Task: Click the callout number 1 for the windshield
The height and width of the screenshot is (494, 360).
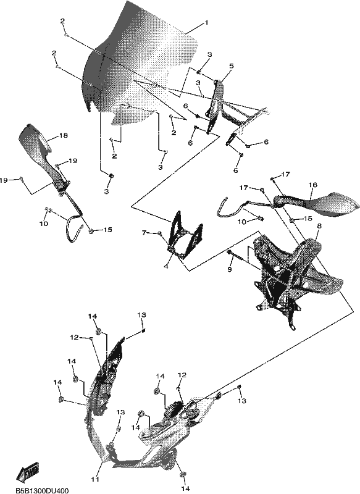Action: pos(206,23)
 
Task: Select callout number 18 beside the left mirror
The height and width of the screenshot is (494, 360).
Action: pos(63,136)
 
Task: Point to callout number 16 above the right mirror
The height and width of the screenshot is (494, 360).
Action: pos(314,185)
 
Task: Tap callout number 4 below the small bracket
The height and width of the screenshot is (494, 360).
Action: pos(166,267)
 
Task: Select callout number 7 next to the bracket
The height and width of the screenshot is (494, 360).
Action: pos(144,233)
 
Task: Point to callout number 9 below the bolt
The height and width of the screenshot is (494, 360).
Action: pos(230,269)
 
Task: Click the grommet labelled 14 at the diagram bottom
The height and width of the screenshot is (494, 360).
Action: pos(182,474)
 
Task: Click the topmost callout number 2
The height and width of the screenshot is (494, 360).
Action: pos(63,21)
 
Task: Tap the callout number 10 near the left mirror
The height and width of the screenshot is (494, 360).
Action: pos(44,224)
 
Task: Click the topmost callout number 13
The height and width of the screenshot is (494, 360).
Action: pos(142,315)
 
